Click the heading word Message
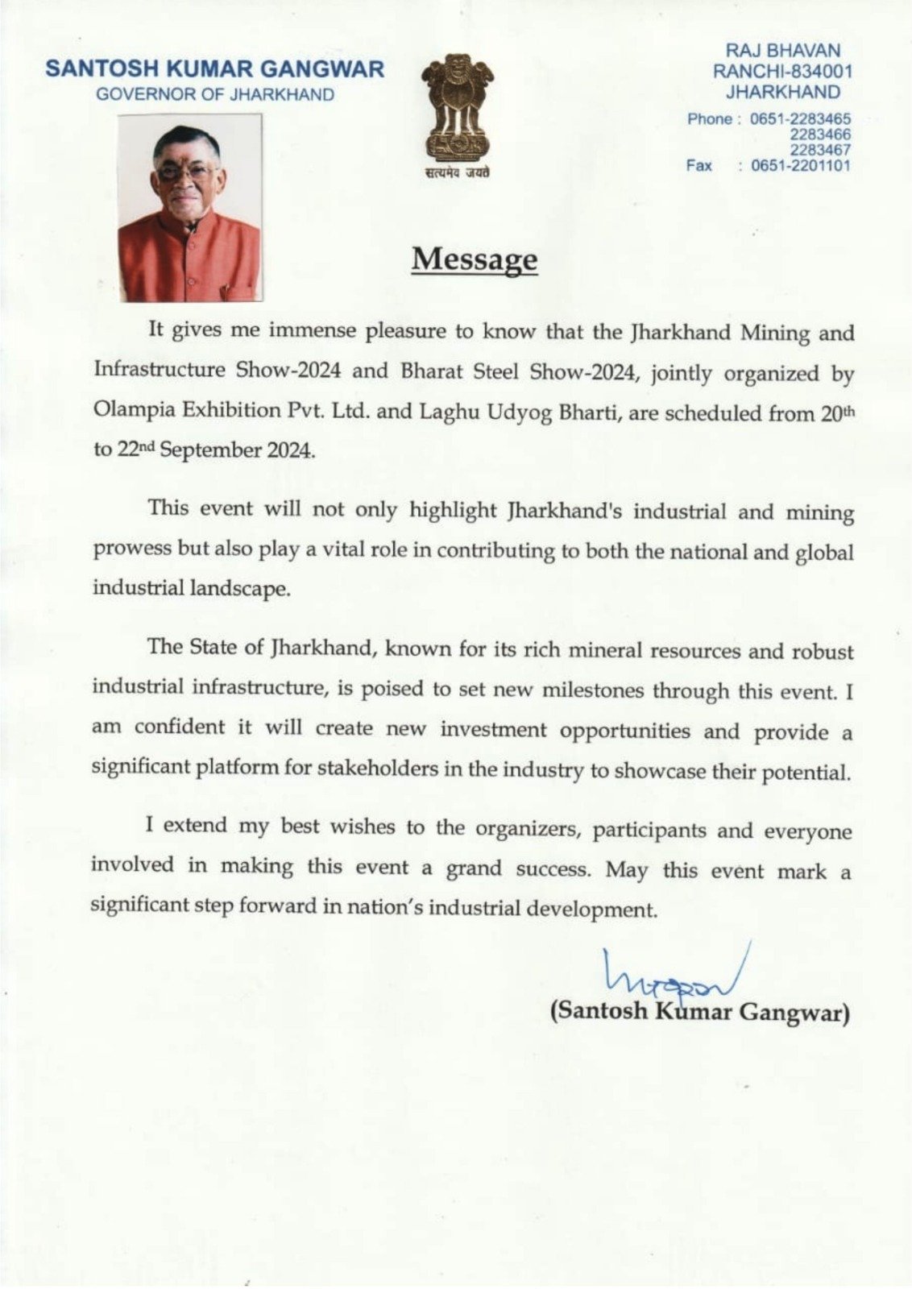click(x=474, y=259)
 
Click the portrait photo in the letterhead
click(x=190, y=208)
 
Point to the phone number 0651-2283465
click(x=800, y=119)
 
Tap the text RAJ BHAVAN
click(x=782, y=51)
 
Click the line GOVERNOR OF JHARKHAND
click(x=214, y=94)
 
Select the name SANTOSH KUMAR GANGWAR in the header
click(x=214, y=69)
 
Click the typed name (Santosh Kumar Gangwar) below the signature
click(x=699, y=1011)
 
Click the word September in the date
click(x=206, y=450)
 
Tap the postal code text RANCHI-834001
click(x=782, y=71)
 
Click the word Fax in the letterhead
click(x=699, y=166)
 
